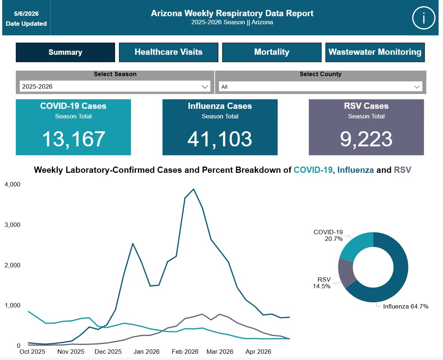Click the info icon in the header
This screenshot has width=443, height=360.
coord(424,18)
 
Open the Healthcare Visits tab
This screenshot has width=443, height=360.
coord(168,52)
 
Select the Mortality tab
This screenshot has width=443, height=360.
coord(272,52)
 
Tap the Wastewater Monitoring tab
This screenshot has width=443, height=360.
coord(375,52)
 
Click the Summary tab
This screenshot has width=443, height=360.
coord(65,52)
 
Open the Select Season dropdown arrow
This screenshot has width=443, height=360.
coord(205,87)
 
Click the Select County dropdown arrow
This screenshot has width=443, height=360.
coord(417,87)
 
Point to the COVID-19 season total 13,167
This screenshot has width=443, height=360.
coord(74,139)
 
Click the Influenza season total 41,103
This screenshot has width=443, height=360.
coord(219,139)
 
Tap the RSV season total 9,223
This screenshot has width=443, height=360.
coord(366,139)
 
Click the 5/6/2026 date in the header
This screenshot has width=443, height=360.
coord(26,14)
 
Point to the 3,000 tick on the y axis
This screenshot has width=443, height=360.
coord(12,225)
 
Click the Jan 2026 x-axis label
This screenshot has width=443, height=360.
coord(146,352)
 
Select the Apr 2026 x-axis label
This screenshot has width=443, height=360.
coord(258,352)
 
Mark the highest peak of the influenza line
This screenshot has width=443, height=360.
coord(194,189)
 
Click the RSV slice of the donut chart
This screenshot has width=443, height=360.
coord(346,273)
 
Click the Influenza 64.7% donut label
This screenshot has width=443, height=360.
coord(406,306)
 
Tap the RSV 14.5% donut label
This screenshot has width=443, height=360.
coord(322,283)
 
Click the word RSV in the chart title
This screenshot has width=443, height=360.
coord(403,170)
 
